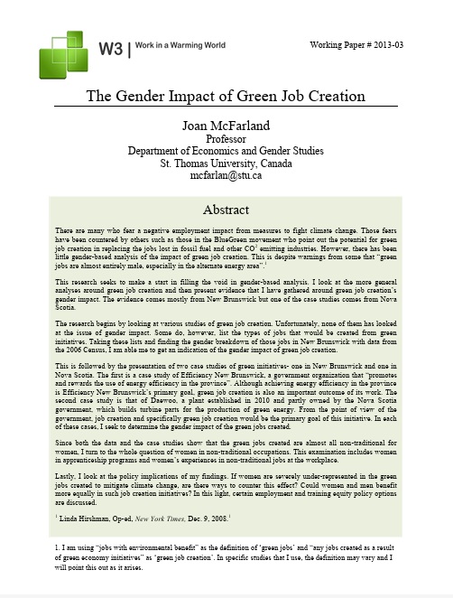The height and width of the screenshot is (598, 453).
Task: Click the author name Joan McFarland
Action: click(226, 126)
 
